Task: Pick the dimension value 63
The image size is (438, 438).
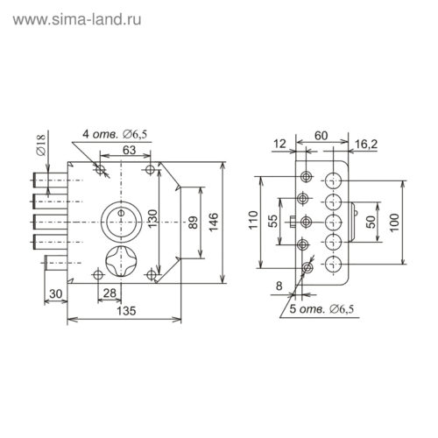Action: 129,150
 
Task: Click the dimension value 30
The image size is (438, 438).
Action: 55,292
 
